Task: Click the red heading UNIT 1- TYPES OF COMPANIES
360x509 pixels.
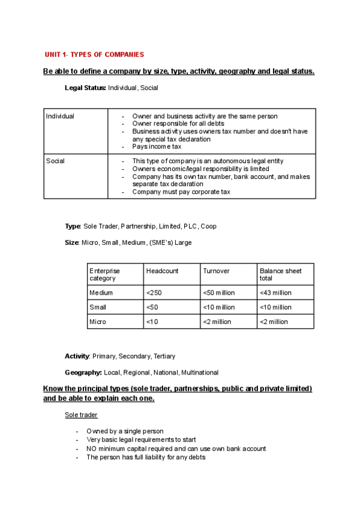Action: coord(94,55)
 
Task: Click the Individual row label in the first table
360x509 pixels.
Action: coord(60,116)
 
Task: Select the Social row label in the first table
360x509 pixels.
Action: coord(55,161)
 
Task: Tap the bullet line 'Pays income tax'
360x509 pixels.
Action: coord(157,146)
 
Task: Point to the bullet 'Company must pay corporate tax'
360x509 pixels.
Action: coord(181,192)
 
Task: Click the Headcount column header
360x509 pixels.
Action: coord(162,271)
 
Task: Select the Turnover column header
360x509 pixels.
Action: coord(217,271)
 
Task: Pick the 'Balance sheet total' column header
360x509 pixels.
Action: coord(280,274)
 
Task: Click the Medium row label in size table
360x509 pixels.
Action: coord(101,293)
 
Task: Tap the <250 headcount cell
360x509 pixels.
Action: coord(154,293)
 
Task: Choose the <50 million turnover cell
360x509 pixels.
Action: coord(219,293)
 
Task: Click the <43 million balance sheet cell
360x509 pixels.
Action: coord(275,293)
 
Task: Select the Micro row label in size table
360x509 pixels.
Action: coord(98,322)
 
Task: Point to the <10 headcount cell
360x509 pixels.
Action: coord(152,322)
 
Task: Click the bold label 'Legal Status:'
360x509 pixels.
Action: coord(85,88)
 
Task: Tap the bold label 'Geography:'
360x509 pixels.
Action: coord(83,372)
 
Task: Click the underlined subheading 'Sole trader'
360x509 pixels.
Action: coord(81,415)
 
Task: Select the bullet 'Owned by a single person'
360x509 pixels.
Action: coord(125,431)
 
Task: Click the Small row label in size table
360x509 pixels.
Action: coord(98,307)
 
